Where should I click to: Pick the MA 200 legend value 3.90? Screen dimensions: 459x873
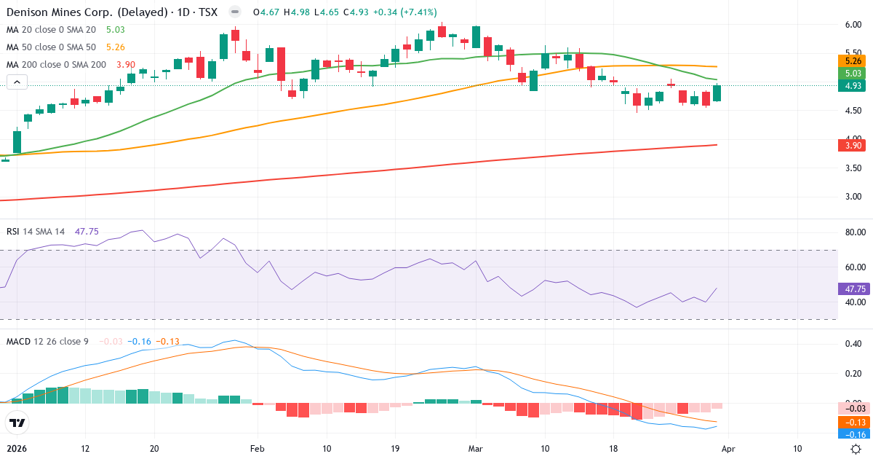coord(127,64)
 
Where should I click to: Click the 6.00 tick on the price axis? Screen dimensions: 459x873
coord(853,25)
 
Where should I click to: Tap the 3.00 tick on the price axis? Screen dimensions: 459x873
coord(853,197)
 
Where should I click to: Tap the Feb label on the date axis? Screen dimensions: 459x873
coord(256,449)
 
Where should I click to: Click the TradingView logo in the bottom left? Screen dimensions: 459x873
coord(17,423)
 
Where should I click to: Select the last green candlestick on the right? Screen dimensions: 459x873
coord(717,93)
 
